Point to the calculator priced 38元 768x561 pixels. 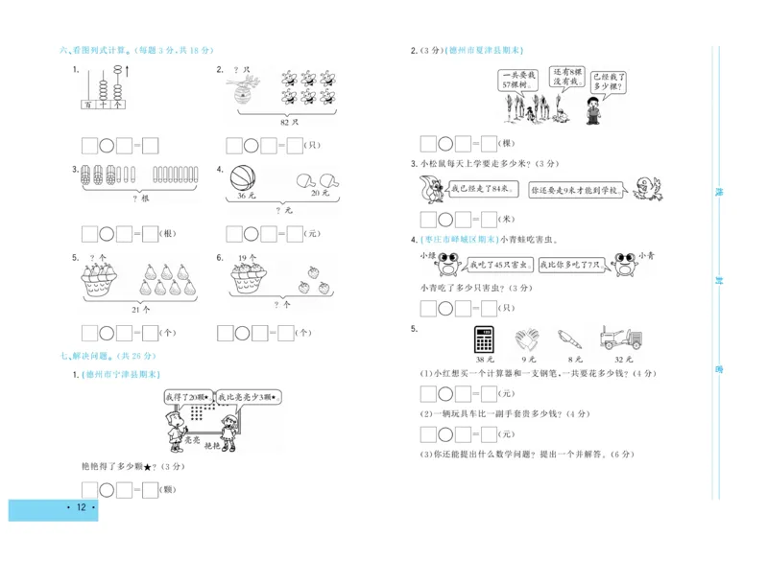click(483, 340)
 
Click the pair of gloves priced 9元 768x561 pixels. click(526, 340)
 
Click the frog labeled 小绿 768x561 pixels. click(447, 263)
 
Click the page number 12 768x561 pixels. click(81, 507)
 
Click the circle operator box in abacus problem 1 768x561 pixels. click(108, 146)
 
